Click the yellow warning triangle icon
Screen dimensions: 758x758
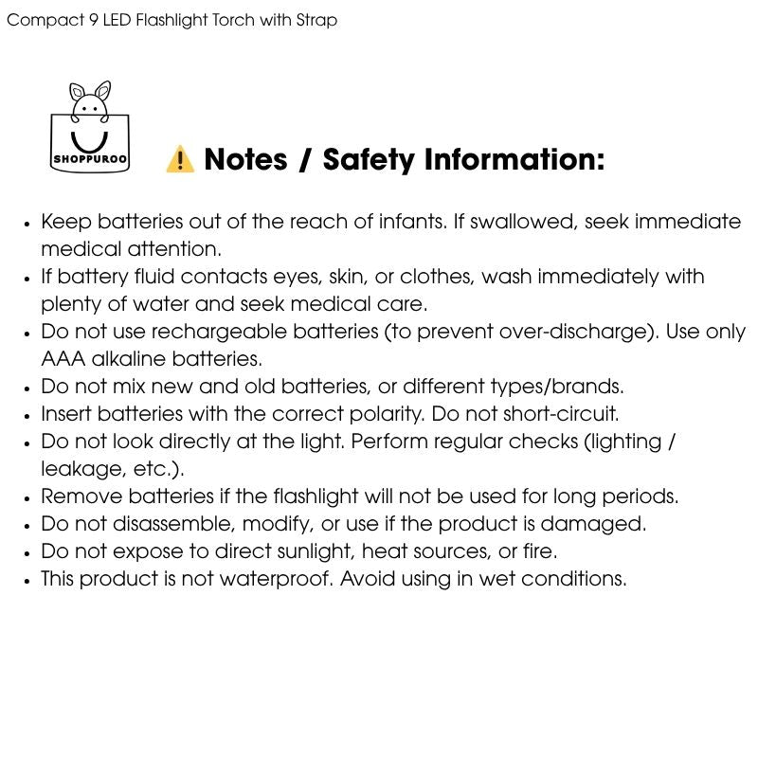tap(180, 159)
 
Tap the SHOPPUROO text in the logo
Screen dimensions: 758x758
tap(90, 159)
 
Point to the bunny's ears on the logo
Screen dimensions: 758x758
tap(91, 92)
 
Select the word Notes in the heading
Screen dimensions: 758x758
tap(245, 159)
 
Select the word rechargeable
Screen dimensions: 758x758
tap(219, 333)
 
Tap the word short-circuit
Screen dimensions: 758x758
tap(562, 414)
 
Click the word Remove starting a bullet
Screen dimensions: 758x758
tap(81, 496)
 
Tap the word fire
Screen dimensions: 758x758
tap(539, 551)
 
